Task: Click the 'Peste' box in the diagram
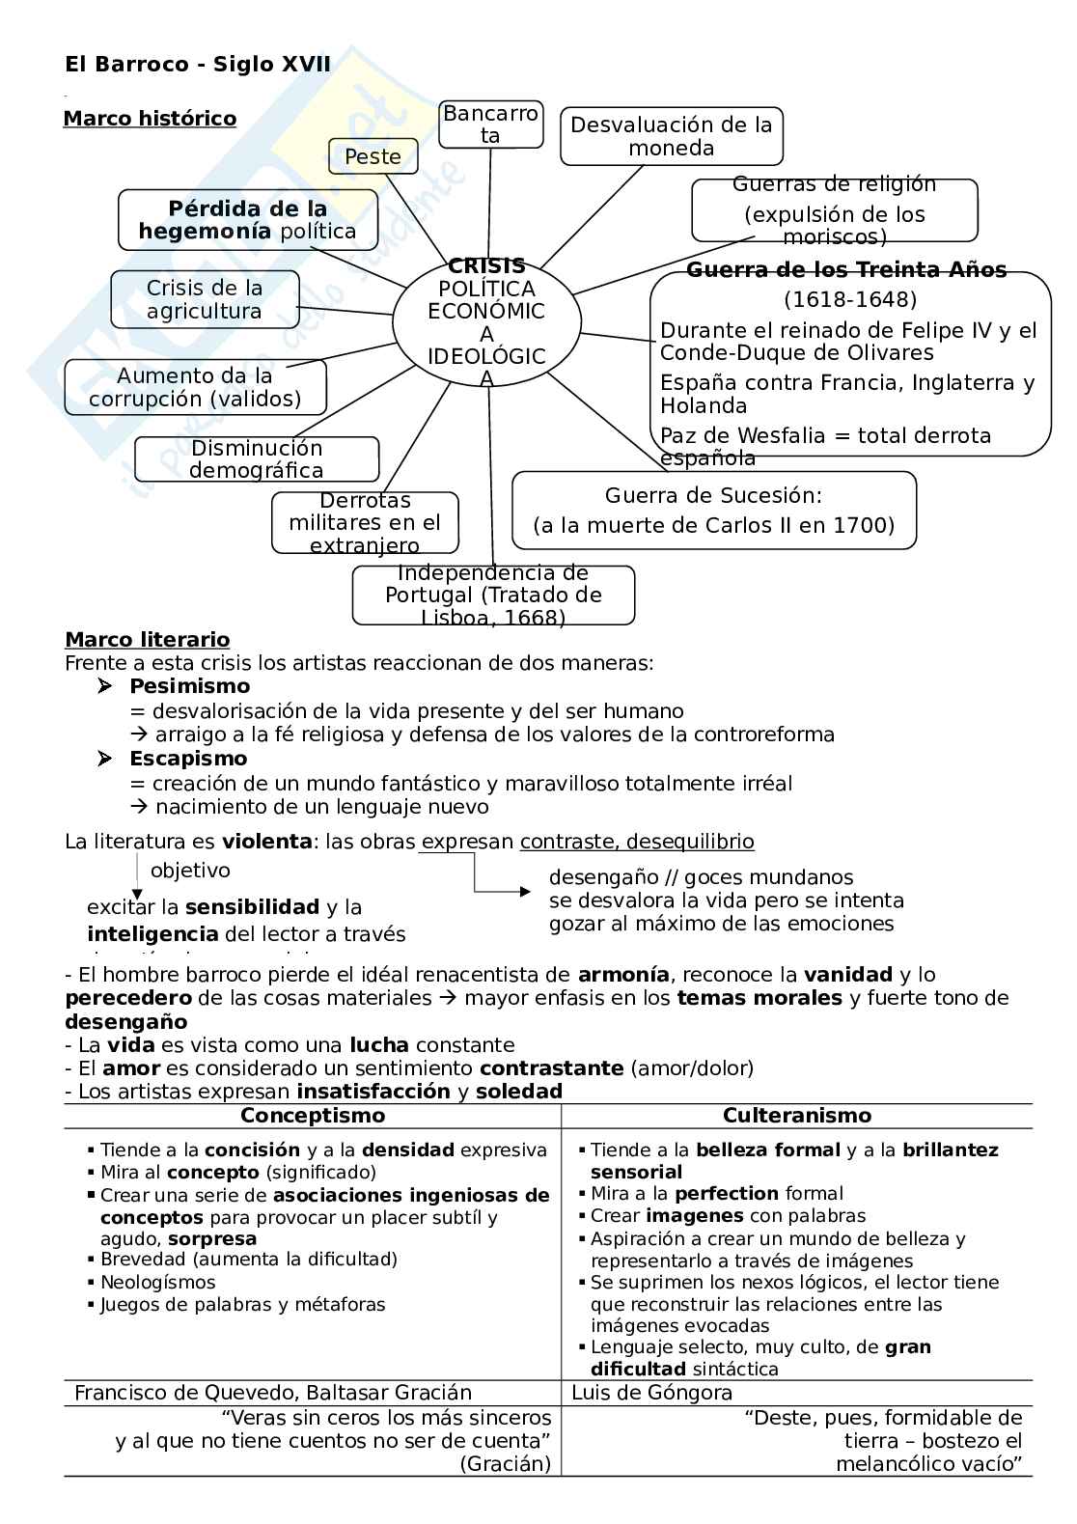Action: point(373,156)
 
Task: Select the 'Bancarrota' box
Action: point(490,125)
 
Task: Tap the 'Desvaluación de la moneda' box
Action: point(671,136)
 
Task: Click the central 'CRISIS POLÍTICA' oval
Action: point(486,321)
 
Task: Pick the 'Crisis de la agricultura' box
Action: point(205,299)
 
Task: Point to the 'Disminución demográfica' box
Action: point(257,459)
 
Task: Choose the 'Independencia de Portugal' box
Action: point(493,596)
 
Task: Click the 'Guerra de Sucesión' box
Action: point(713,511)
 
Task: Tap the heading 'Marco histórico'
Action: point(150,119)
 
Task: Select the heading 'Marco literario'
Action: point(147,639)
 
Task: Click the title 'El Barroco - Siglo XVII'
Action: point(198,65)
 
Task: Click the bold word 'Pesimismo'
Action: point(189,686)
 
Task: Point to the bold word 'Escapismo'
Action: point(188,759)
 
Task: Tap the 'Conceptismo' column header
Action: point(312,1116)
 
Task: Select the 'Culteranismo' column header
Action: point(796,1116)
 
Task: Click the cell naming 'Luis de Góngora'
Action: point(651,1393)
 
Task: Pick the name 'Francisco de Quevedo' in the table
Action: point(179,1393)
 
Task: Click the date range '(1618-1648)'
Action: point(849,299)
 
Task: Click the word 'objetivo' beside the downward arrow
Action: point(190,871)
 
